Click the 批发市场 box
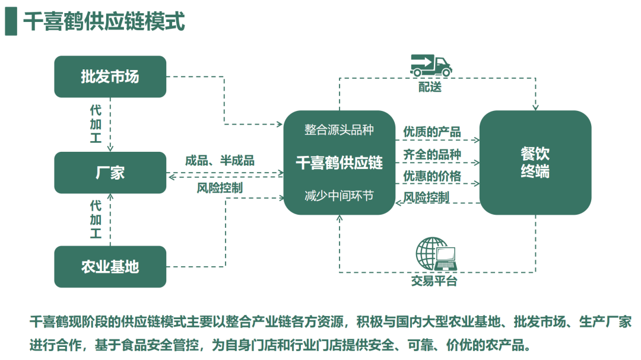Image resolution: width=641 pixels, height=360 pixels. [110, 77]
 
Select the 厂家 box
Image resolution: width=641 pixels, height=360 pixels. [110, 173]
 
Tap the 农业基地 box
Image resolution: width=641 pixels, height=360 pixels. [110, 266]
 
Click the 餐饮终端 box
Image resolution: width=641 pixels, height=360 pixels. [535, 163]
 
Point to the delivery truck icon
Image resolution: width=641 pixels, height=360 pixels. [430, 66]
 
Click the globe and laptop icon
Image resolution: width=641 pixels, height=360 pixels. [434, 254]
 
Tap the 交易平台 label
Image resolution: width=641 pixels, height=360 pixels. [434, 281]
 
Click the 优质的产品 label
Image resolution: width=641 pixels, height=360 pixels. [432, 132]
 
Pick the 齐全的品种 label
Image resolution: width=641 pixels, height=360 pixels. [432, 154]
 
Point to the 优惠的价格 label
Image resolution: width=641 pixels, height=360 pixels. [432, 176]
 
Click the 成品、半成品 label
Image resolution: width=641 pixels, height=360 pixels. [220, 160]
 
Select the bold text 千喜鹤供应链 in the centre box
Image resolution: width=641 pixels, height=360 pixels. [339, 163]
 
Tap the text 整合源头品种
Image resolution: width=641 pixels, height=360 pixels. [339, 129]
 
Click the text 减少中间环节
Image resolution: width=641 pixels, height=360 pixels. [339, 195]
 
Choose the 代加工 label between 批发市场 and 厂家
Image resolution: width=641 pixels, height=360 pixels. [96, 123]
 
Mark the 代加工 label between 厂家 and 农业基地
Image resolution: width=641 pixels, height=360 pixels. [96, 219]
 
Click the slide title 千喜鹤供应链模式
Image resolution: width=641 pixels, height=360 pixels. [104, 22]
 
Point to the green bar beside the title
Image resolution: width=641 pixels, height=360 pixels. [11, 22]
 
